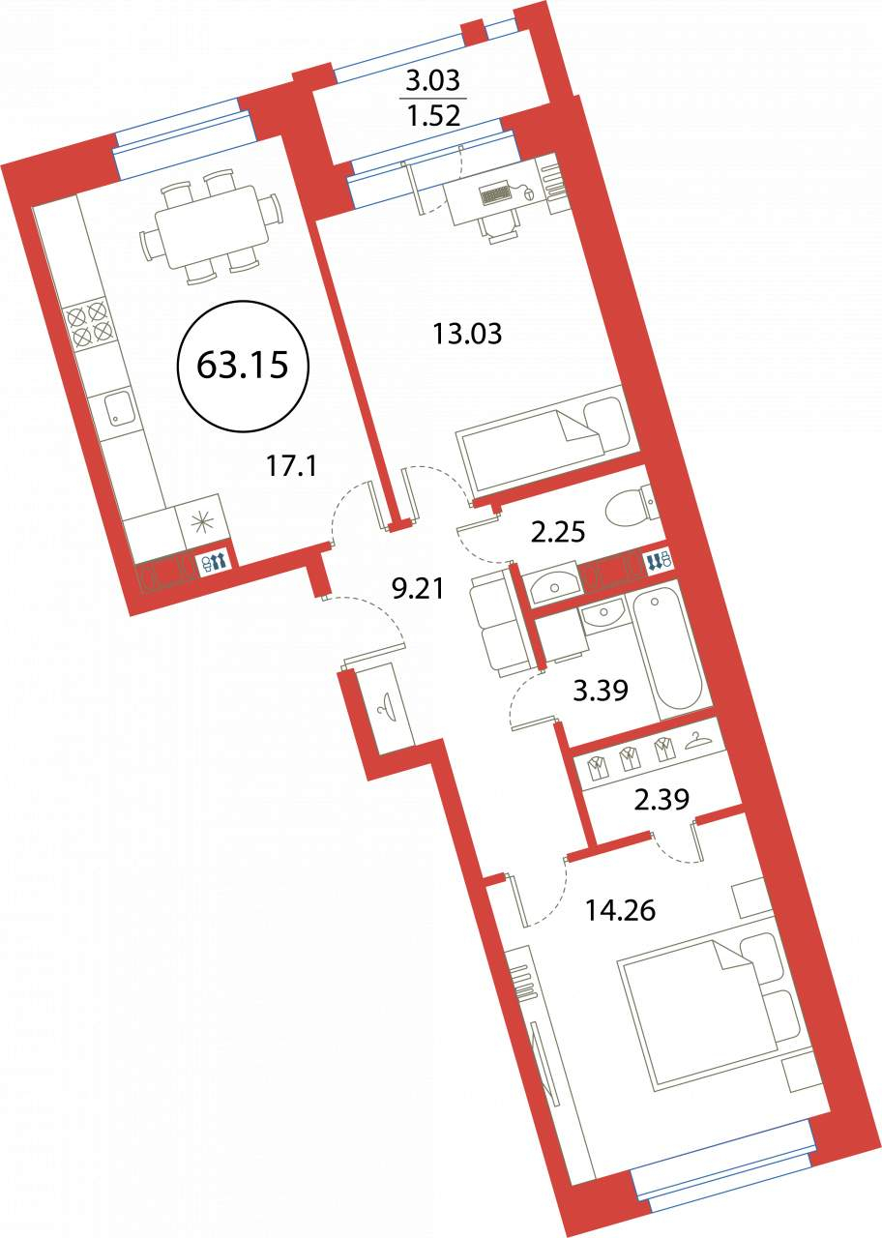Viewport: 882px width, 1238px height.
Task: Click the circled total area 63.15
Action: (242, 366)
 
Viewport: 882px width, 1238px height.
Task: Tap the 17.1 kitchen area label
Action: (291, 467)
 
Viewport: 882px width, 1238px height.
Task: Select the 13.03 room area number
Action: (467, 334)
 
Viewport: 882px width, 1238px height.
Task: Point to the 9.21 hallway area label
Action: (417, 589)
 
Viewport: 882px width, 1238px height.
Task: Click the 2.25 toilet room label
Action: (558, 534)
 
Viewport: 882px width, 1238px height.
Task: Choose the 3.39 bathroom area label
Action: (601, 691)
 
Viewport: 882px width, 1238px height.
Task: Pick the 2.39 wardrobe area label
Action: (661, 799)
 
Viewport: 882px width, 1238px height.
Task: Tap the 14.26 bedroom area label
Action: (620, 910)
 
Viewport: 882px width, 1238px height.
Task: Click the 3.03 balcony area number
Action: (432, 81)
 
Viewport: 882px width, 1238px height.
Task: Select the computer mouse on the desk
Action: (528, 193)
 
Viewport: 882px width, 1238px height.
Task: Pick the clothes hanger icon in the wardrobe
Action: (698, 741)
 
